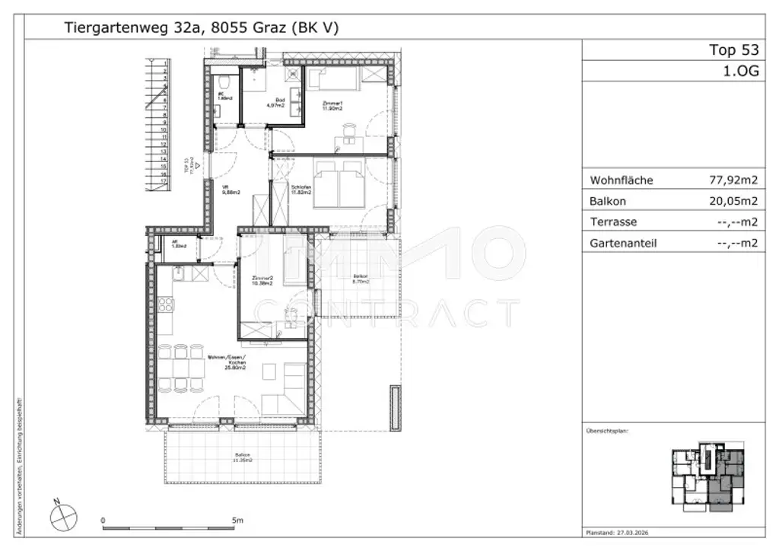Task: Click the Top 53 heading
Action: [x=733, y=50]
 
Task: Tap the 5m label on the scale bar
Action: [x=237, y=521]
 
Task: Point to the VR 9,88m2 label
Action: [x=231, y=190]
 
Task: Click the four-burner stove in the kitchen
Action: [x=166, y=305]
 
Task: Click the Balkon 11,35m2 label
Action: [x=243, y=458]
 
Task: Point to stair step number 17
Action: [x=164, y=181]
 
